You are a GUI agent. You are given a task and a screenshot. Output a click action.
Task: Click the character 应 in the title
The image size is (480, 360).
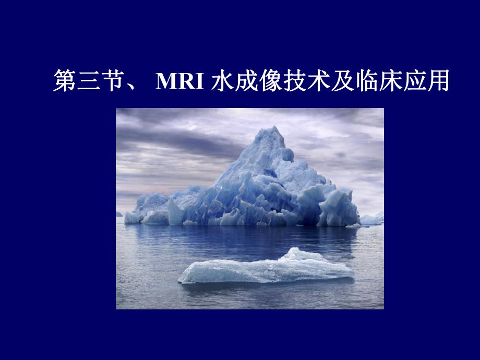(413, 82)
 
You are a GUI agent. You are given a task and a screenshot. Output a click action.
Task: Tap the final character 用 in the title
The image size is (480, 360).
(437, 82)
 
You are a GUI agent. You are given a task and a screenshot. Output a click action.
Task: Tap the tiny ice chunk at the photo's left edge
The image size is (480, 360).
(119, 214)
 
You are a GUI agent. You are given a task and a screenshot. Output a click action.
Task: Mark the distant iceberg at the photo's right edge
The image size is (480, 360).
(371, 219)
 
